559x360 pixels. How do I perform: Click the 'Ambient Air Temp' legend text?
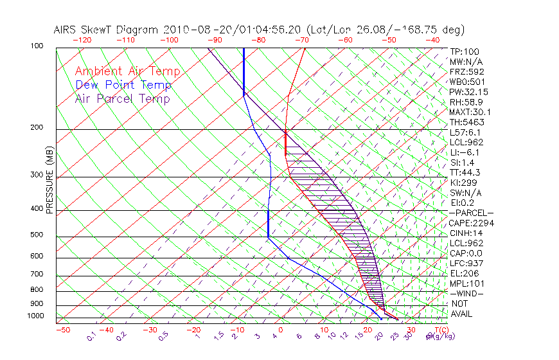[127, 71]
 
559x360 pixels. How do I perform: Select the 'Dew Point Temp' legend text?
[123, 85]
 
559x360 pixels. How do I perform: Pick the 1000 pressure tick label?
[36, 316]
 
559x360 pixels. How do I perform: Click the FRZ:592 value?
[466, 71]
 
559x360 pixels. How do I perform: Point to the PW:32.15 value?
[468, 92]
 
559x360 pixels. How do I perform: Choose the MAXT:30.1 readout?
[470, 112]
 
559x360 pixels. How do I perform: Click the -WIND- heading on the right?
[467, 293]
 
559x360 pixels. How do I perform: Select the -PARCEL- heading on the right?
[471, 213]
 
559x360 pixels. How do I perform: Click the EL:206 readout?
[463, 273]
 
